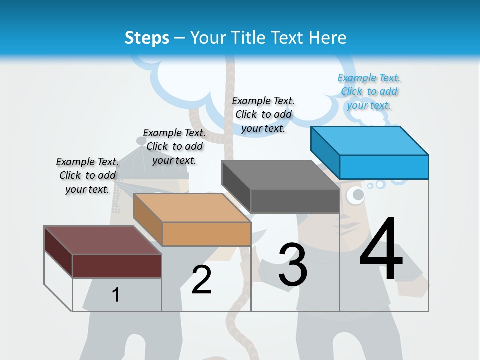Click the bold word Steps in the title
[147, 38]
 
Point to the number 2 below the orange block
[201, 280]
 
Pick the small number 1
[116, 295]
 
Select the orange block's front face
[206, 234]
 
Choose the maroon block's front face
[117, 266]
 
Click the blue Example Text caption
[369, 91]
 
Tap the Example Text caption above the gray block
[263, 114]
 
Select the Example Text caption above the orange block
[174, 146]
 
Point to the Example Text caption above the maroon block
[87, 175]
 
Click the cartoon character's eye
[356, 195]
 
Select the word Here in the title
[327, 38]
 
